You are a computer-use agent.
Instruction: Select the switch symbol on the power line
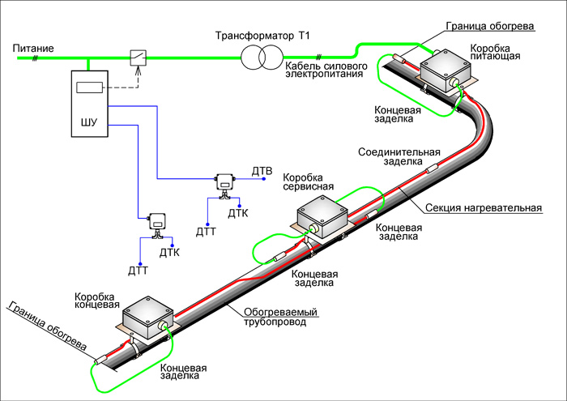[139, 57]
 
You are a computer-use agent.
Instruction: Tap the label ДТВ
[262, 172]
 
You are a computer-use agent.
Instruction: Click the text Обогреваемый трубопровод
[280, 318]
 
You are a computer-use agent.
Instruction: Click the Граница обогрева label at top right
[489, 26]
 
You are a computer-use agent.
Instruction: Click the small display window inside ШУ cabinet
[87, 87]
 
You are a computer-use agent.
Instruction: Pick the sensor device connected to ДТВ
[224, 182]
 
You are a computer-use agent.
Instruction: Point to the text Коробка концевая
[97, 303]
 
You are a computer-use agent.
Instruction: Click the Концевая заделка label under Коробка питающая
[398, 113]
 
